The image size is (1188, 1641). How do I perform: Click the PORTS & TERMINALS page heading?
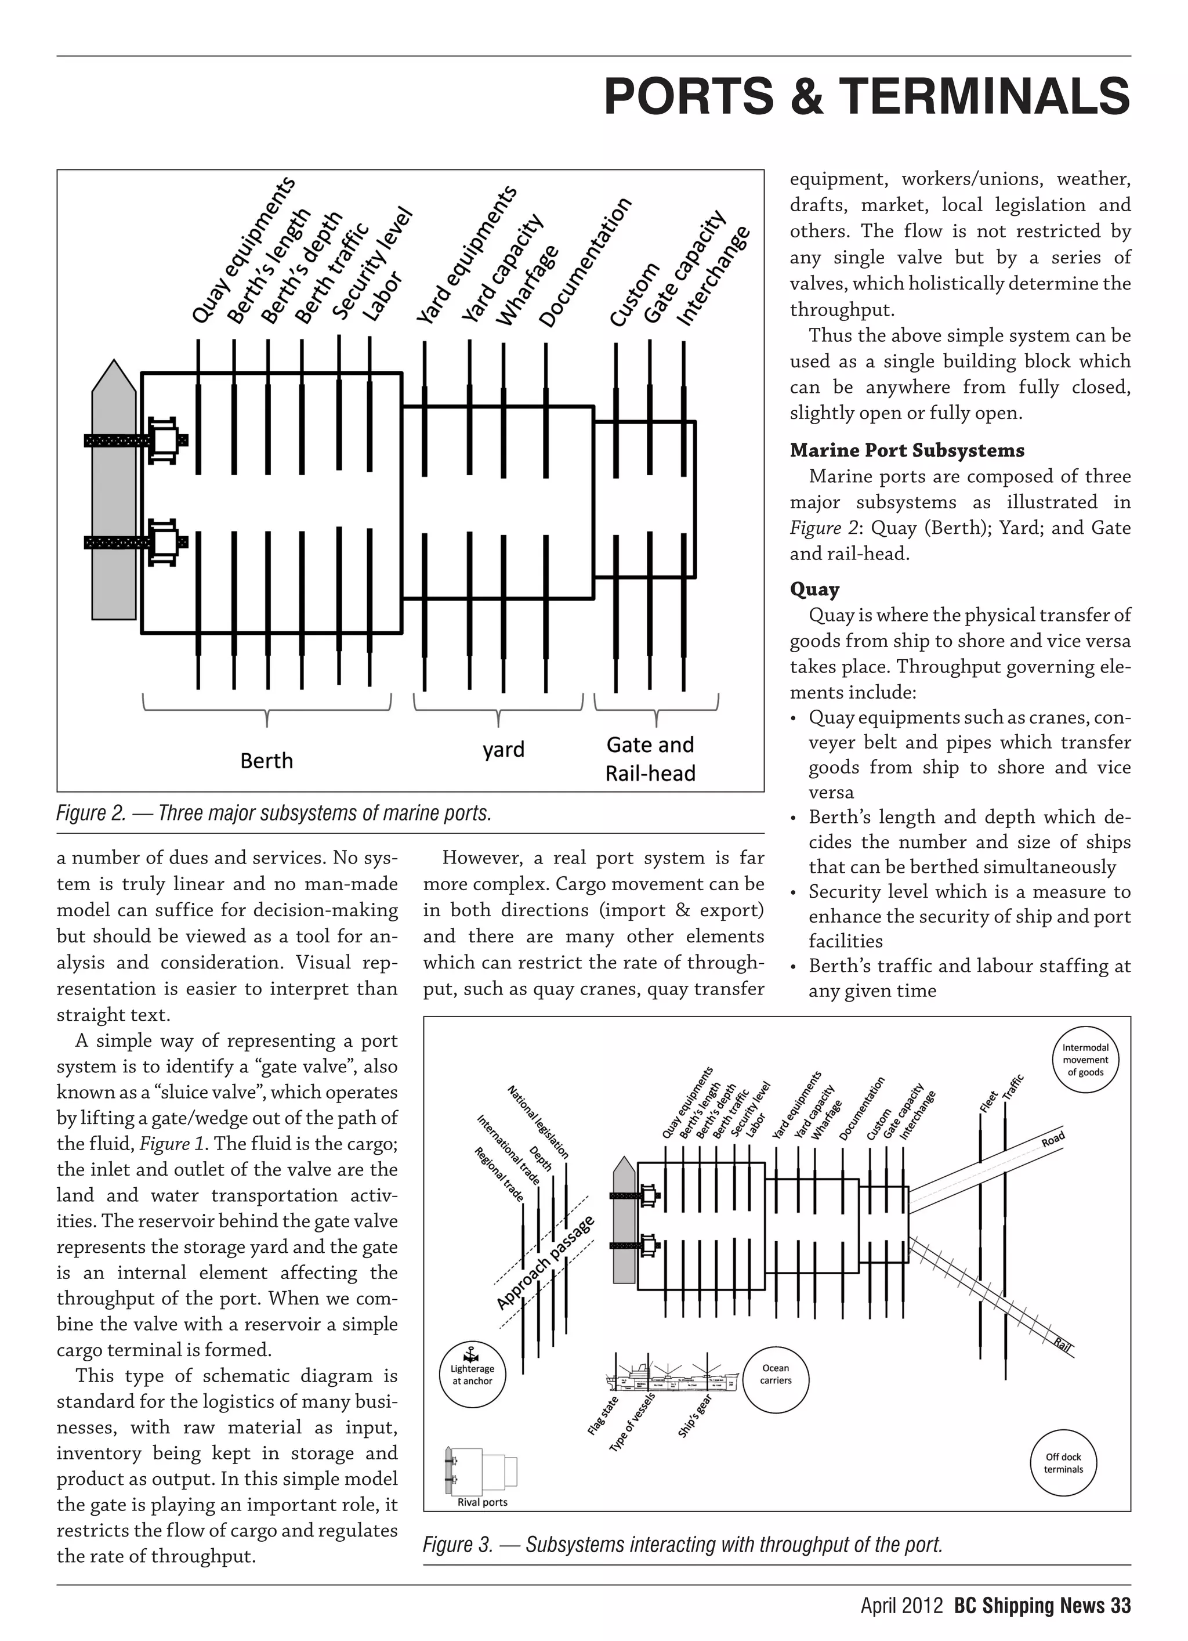pyautogui.click(x=866, y=97)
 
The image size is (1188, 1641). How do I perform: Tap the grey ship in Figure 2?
pyautogui.click(x=114, y=499)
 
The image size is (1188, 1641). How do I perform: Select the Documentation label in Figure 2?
pyautogui.click(x=586, y=262)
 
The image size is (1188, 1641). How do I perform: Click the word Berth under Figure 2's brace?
pyautogui.click(x=266, y=761)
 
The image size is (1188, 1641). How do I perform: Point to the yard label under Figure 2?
pyautogui.click(x=503, y=750)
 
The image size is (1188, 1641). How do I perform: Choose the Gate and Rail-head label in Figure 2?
pyautogui.click(x=650, y=758)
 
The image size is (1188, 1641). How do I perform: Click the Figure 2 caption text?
pyautogui.click(x=274, y=814)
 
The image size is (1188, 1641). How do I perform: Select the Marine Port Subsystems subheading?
pyautogui.click(x=907, y=450)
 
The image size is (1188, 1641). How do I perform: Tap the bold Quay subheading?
pyautogui.click(x=814, y=589)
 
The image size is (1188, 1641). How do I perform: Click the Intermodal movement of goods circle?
pyautogui.click(x=1085, y=1060)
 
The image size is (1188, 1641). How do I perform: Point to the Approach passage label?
pyautogui.click(x=545, y=1263)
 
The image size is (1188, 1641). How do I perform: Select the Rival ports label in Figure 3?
pyautogui.click(x=483, y=1502)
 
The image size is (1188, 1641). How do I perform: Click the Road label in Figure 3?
pyautogui.click(x=1053, y=1140)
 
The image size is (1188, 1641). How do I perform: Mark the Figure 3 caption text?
pyautogui.click(x=683, y=1545)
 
